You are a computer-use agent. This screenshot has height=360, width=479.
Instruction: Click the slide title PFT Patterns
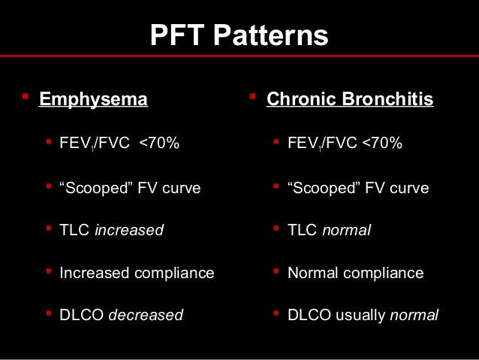click(239, 35)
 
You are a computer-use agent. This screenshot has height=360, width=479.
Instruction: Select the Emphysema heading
click(93, 99)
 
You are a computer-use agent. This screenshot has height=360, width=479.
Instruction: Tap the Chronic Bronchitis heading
click(350, 99)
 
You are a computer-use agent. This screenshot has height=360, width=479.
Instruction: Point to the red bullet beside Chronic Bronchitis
click(252, 97)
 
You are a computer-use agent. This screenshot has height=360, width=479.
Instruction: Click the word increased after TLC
click(128, 231)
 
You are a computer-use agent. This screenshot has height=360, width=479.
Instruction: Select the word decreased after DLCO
click(146, 315)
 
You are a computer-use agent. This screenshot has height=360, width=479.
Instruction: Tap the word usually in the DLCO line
click(359, 315)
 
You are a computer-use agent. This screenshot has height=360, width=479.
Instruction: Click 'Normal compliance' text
click(355, 273)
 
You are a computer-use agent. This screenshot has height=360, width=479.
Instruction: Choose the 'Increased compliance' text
click(137, 273)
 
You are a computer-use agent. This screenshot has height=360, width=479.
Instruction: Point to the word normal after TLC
click(346, 231)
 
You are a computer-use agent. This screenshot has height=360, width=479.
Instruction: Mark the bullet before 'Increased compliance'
click(49, 271)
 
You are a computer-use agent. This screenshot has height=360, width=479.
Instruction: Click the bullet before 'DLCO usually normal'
click(276, 313)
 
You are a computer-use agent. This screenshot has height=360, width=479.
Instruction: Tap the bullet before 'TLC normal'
click(276, 228)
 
